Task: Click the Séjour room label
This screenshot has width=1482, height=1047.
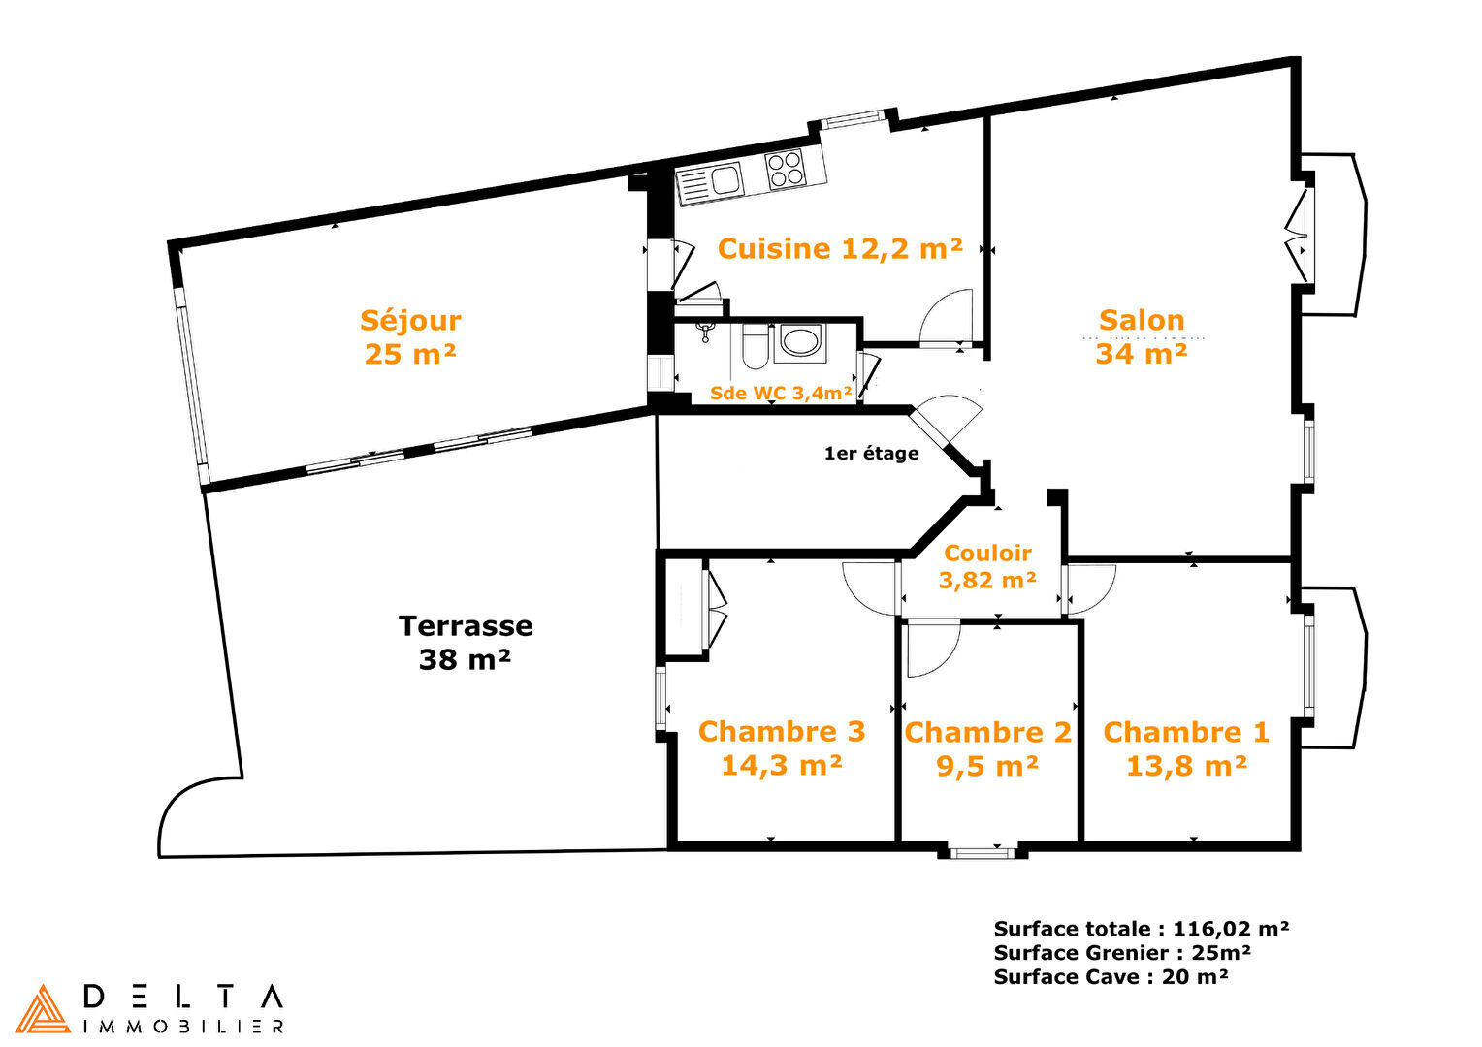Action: pyautogui.click(x=410, y=337)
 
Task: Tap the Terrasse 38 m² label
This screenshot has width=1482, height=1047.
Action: pyautogui.click(x=466, y=643)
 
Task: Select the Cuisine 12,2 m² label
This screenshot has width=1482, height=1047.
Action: pyautogui.click(x=840, y=249)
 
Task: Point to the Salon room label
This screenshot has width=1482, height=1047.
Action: pyautogui.click(x=1142, y=336)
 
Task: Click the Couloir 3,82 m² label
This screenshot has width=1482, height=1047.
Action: pyautogui.click(x=987, y=567)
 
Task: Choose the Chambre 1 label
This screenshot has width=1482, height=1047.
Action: pyautogui.click(x=1186, y=749)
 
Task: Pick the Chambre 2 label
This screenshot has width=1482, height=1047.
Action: pyautogui.click(x=987, y=749)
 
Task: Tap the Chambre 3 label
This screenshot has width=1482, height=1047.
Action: pyautogui.click(x=782, y=748)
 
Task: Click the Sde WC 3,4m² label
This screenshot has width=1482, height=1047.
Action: pyautogui.click(x=781, y=393)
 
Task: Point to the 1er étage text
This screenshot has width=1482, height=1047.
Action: pyautogui.click(x=871, y=453)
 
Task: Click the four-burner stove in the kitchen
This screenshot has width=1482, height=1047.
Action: pyautogui.click(x=786, y=168)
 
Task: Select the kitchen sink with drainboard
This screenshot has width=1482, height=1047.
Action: pyautogui.click(x=710, y=182)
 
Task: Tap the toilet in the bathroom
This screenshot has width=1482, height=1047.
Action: pyautogui.click(x=754, y=346)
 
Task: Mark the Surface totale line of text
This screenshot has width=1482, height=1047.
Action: pyautogui.click(x=1142, y=929)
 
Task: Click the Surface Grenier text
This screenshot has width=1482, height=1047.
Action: pyautogui.click(x=1122, y=952)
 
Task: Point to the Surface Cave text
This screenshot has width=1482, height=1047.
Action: pyautogui.click(x=1111, y=976)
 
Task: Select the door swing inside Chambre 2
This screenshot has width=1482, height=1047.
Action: pyautogui.click(x=934, y=650)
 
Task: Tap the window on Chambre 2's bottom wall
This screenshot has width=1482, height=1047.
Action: pyautogui.click(x=983, y=853)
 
